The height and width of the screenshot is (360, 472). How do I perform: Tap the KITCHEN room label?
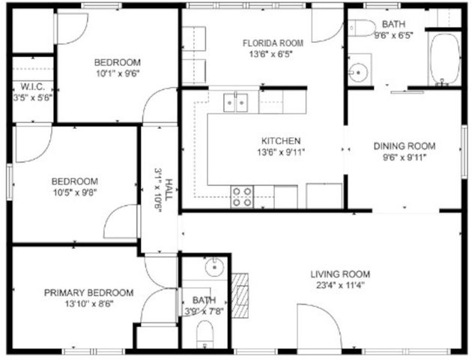point(280,141)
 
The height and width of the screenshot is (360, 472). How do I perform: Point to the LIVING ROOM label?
point(340,274)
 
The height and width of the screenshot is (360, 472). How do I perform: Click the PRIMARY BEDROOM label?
point(88,292)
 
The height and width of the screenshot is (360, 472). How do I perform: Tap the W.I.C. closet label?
point(32,86)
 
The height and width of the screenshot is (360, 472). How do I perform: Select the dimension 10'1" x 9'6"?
point(116,73)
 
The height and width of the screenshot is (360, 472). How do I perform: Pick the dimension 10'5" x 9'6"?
point(74,192)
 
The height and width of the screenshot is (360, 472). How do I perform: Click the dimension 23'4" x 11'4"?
point(340,285)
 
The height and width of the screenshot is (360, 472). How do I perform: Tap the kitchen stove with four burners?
point(242,196)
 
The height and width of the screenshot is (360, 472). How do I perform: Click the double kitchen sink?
point(237,102)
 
